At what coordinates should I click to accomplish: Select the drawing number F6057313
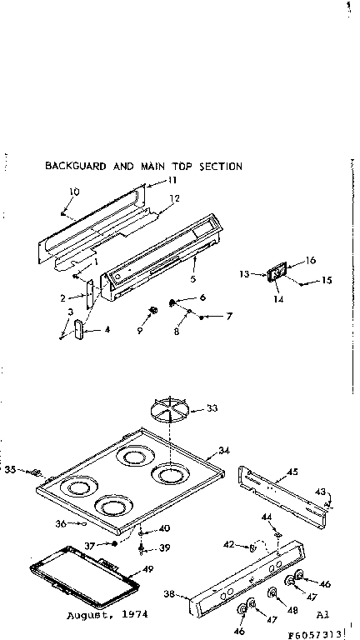click(321, 632)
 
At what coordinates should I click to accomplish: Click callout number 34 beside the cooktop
click(224, 450)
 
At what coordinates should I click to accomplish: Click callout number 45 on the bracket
click(292, 472)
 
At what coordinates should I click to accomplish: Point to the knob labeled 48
click(272, 592)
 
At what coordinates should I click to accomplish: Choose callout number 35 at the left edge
click(11, 470)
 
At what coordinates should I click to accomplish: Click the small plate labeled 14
click(276, 276)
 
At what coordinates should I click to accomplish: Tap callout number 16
click(311, 261)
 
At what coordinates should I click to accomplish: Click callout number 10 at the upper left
click(74, 192)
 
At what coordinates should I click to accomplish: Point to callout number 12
click(175, 198)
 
